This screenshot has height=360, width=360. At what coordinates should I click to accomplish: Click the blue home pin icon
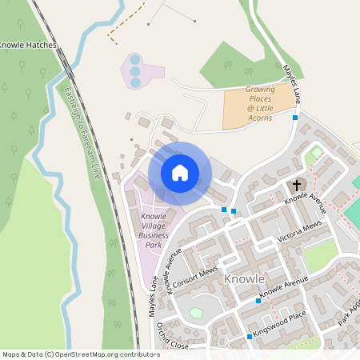pos(179,172)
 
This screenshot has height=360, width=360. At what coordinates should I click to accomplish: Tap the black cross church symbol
pos(297,185)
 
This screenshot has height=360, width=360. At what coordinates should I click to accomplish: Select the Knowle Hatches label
pos(28,45)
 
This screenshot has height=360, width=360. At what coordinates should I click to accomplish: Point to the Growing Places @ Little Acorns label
pos(259,104)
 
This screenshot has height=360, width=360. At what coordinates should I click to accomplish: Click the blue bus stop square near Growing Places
pos(295,118)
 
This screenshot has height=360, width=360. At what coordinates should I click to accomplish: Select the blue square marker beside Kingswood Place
pos(250,337)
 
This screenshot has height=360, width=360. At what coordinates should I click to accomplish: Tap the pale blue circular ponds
pos(135,71)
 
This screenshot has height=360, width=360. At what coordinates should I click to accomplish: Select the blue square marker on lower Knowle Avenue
pos(258,301)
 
